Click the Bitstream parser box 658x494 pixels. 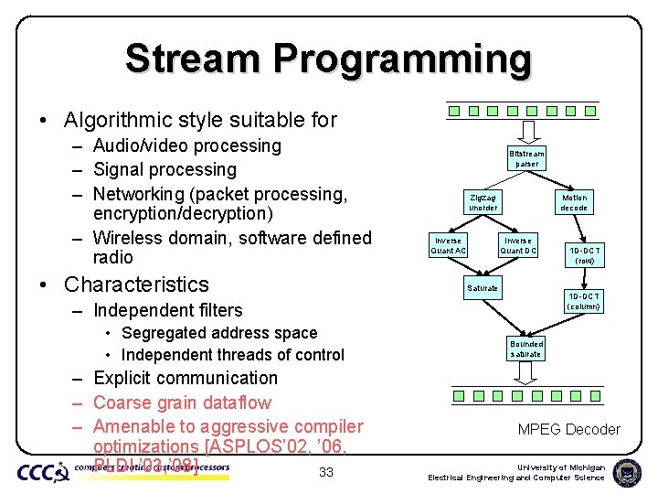526,158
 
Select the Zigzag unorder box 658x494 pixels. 483,202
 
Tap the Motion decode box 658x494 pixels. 575,202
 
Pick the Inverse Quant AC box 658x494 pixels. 449,245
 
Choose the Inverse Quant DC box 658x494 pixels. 518,245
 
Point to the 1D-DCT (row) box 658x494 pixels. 585,254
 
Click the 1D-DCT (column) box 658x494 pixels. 582,301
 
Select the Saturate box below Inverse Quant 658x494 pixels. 483,288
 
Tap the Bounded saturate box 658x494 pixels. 525,349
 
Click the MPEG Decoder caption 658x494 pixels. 568,429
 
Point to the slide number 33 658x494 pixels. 325,472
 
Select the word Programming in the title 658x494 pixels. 402,59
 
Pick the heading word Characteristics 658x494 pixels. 137,285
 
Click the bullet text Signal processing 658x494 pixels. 164,169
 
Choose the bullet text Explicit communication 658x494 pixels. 186,378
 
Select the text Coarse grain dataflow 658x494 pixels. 182,403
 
